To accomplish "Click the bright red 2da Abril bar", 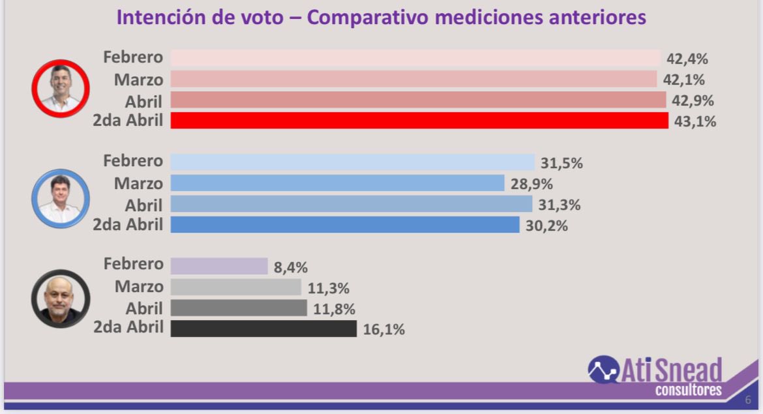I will (x=419, y=121).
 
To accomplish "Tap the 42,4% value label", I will (x=687, y=59).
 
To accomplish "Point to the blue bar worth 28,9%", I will (x=337, y=183).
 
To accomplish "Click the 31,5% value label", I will (x=561, y=163).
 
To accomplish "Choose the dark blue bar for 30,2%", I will (x=345, y=225).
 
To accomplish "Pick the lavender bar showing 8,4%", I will (x=219, y=266).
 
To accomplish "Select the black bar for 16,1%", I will (x=263, y=329).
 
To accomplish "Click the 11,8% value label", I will (x=333, y=309).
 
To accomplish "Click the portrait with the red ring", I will (x=61, y=89).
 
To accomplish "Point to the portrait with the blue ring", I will (x=61, y=198).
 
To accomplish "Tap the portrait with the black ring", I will (x=60, y=299).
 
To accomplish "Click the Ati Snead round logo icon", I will (x=603, y=370).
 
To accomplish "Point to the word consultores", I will (x=689, y=391).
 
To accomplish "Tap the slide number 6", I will (x=748, y=400).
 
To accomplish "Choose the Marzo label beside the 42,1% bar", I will (x=138, y=80).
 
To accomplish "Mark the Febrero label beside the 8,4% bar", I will (x=133, y=264).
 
